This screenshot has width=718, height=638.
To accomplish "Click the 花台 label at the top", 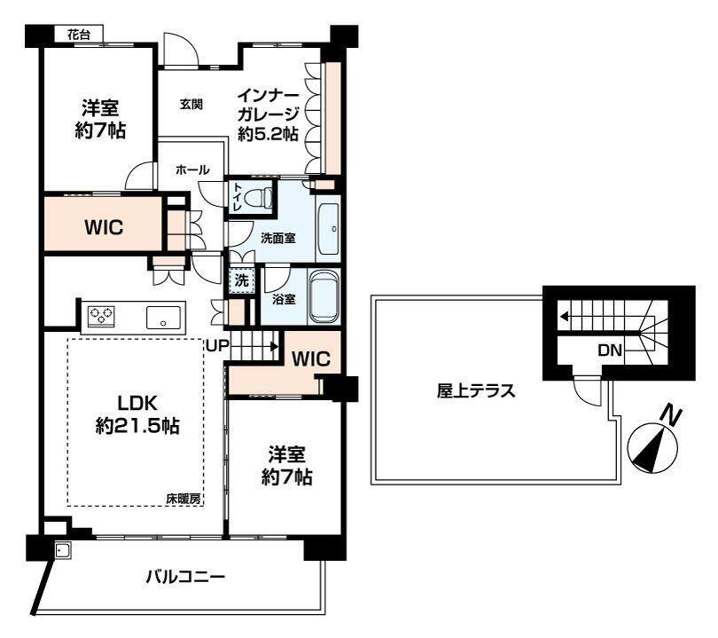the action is pyautogui.click(x=79, y=35).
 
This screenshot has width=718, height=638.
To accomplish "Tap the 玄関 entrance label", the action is pyautogui.click(x=191, y=105).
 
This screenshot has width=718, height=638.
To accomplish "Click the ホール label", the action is pyautogui.click(x=192, y=170).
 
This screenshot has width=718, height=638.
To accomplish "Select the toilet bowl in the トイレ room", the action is pyautogui.click(x=259, y=199).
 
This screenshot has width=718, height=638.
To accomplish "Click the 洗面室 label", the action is pyautogui.click(x=278, y=239).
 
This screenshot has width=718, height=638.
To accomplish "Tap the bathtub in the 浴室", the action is pyautogui.click(x=324, y=296).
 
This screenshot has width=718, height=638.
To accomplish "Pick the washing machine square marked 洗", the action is pyautogui.click(x=241, y=280).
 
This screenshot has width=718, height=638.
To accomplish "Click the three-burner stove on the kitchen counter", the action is pyautogui.click(x=101, y=316).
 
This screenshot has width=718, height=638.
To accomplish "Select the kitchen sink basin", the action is pyautogui.click(x=163, y=317).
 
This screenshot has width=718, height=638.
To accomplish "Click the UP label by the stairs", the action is pyautogui.click(x=217, y=345).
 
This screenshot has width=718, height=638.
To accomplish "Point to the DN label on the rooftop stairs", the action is pyautogui.click(x=610, y=351).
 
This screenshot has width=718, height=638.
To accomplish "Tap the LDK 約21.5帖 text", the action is pyautogui.click(x=137, y=414).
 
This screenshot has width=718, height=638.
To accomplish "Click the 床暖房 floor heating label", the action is pyautogui.click(x=183, y=499).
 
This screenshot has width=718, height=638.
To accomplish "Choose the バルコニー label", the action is pyautogui.click(x=185, y=576).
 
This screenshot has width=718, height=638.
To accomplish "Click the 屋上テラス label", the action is pyautogui.click(x=476, y=391).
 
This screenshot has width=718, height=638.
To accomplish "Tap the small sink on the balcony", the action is pyautogui.click(x=62, y=550).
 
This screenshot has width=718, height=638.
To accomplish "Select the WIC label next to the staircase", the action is pyautogui.click(x=311, y=358).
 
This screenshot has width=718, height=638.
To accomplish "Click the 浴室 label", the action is pyautogui.click(x=284, y=300).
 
